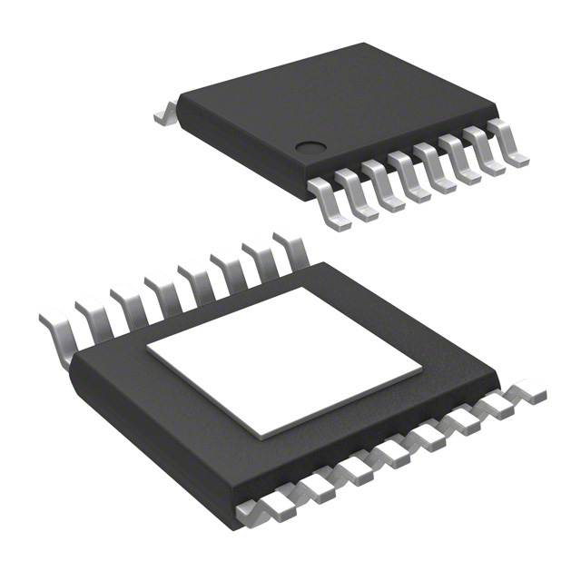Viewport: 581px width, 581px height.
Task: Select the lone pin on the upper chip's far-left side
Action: pyautogui.click(x=164, y=114)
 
